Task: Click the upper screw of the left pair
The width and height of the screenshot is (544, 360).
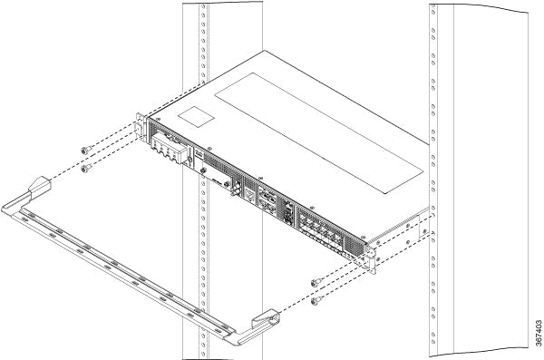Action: click(84, 150)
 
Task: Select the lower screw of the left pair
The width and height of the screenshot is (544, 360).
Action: click(84, 168)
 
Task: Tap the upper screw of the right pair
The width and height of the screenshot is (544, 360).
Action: click(314, 282)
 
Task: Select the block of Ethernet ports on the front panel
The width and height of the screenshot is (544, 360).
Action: click(322, 226)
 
